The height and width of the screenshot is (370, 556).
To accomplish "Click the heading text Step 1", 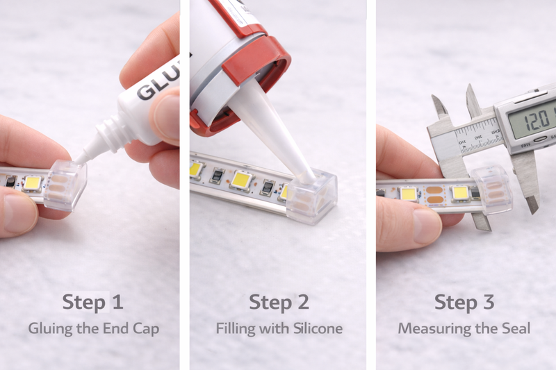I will pyautogui.click(x=92, y=303).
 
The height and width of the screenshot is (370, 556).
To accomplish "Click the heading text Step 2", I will pyautogui.click(x=279, y=303).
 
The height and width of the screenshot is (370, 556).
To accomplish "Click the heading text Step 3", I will pyautogui.click(x=464, y=303).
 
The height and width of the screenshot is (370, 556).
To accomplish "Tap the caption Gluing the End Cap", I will pyautogui.click(x=92, y=328).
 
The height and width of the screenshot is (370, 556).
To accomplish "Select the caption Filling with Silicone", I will pyautogui.click(x=279, y=328).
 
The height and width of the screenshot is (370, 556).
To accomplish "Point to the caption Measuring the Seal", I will pyautogui.click(x=464, y=328).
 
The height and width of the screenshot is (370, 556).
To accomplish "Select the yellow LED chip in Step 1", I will pyautogui.click(x=32, y=183).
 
